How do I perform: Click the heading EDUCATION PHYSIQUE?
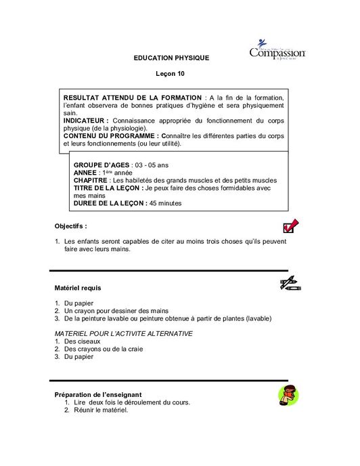tap(171, 58)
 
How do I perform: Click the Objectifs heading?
tap(70, 226)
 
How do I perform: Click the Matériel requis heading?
tap(77, 288)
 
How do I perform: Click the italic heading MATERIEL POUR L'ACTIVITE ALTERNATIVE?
tap(123, 333)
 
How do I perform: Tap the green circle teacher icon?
tap(288, 396)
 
